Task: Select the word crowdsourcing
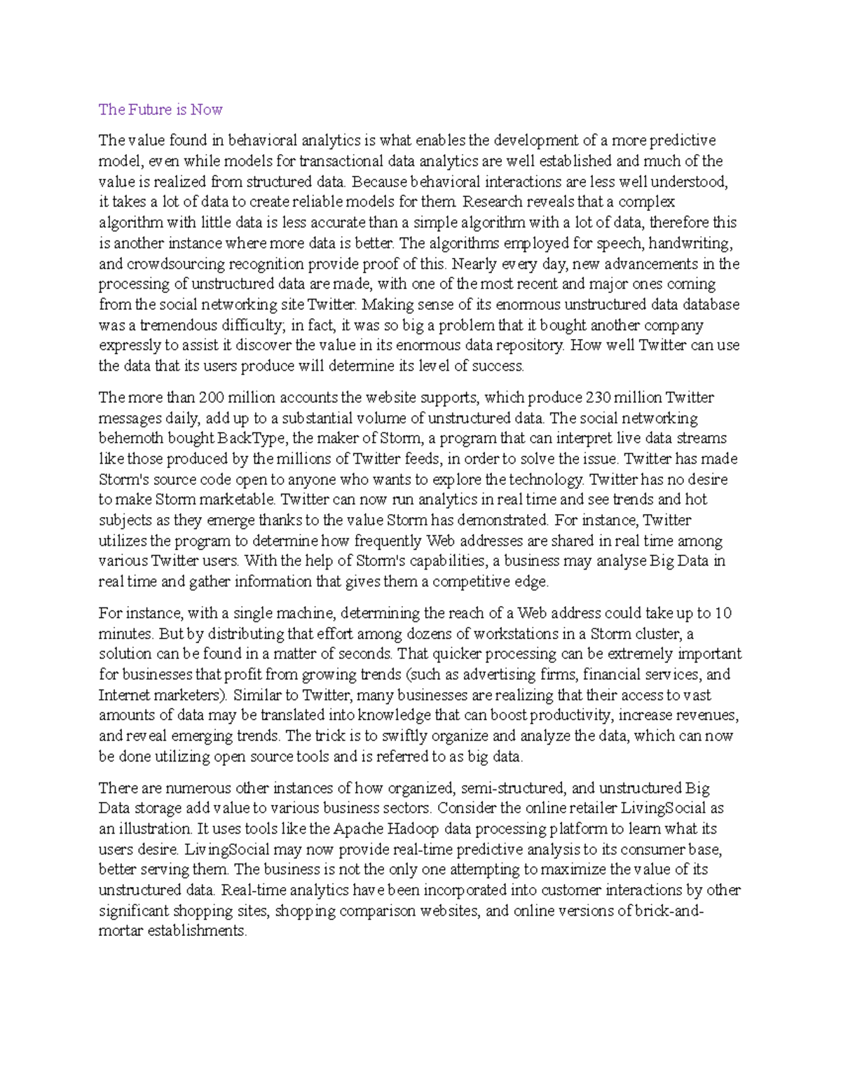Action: click(172, 264)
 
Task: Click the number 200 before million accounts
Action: click(212, 398)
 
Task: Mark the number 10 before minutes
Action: click(724, 614)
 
